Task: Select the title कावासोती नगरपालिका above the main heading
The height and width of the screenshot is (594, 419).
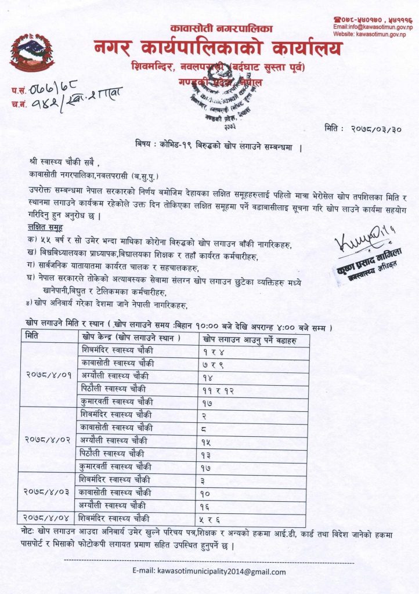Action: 213,28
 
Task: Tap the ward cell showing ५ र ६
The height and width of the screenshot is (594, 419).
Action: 215,518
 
